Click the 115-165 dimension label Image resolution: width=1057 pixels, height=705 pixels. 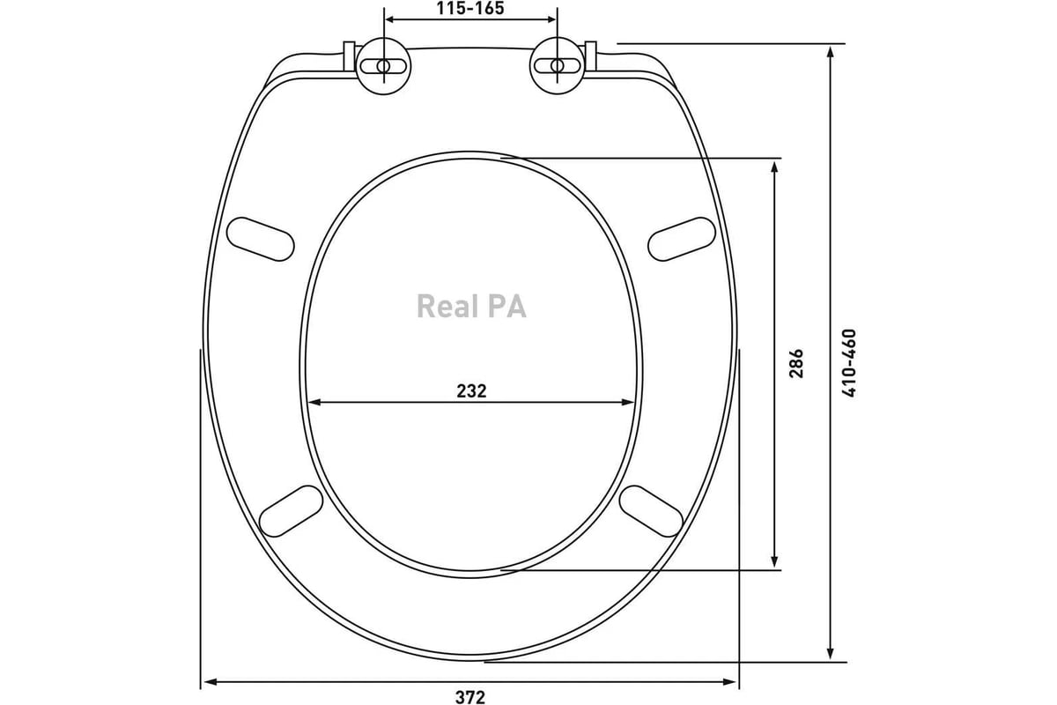470,8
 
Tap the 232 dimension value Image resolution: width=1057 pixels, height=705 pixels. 471,391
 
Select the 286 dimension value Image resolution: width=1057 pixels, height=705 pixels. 796,363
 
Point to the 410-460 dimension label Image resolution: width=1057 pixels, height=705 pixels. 848,363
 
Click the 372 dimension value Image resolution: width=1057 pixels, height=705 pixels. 470,697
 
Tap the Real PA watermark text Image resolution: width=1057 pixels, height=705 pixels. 471,306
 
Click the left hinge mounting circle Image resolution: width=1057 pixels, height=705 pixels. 383,66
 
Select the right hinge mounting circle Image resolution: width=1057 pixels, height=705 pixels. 558,66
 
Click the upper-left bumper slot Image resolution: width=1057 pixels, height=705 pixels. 261,239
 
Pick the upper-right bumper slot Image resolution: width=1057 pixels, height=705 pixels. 682,239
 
